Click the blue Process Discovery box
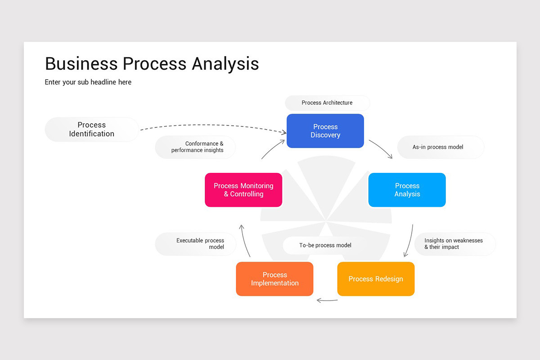(325, 131)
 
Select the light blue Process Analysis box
(407, 190)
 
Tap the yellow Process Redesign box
(376, 279)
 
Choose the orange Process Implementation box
(274, 279)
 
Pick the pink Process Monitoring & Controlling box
(243, 190)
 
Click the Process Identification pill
(92, 130)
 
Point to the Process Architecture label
(327, 103)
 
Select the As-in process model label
(440, 147)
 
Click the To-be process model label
(325, 245)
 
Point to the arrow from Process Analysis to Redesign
(410, 241)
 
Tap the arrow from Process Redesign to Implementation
(327, 300)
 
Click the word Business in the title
(81, 63)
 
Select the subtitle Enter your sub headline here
(88, 82)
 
